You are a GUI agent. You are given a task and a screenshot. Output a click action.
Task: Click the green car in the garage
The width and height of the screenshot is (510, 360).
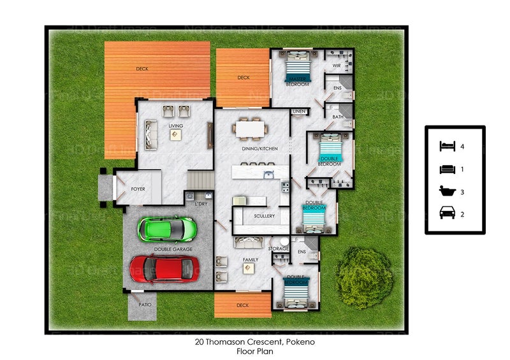(168, 229)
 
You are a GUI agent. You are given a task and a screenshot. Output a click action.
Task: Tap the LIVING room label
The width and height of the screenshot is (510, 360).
(176, 126)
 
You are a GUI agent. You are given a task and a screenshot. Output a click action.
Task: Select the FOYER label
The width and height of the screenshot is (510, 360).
(138, 189)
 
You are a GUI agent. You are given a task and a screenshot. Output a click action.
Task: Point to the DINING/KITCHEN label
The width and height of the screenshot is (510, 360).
(260, 148)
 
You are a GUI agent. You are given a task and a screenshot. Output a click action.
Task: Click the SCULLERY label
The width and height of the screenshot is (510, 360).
(264, 217)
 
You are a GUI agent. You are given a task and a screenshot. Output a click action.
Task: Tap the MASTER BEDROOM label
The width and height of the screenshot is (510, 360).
(297, 82)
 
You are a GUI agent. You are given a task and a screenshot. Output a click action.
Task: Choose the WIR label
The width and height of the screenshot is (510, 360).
(336, 66)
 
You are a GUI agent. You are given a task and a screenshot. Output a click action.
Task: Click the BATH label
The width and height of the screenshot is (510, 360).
(338, 117)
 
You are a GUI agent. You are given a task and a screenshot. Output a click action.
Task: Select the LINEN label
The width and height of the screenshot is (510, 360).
(299, 112)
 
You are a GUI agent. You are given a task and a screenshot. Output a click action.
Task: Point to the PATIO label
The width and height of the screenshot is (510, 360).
(145, 305)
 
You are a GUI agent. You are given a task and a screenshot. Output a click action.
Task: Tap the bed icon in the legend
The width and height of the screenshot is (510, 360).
(447, 147)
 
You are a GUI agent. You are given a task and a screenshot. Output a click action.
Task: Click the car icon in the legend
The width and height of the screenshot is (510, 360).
(447, 213)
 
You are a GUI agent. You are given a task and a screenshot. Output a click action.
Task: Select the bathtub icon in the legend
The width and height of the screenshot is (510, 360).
(447, 191)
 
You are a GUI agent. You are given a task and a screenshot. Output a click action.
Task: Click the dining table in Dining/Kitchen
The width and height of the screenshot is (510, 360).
(250, 129)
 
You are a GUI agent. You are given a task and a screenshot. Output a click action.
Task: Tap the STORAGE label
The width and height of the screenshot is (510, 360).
(279, 248)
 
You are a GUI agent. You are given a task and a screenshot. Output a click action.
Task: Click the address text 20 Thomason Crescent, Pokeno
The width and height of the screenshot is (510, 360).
(255, 342)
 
